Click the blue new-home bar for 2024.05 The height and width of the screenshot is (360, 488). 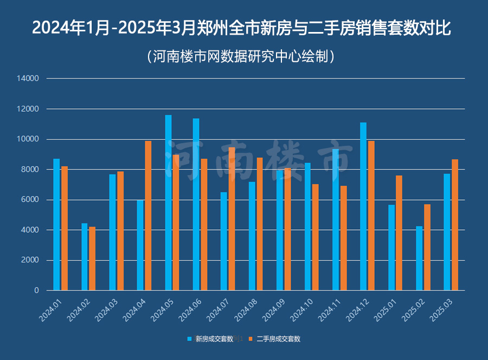tap(168, 203)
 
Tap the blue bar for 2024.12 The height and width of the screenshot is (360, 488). tap(363, 207)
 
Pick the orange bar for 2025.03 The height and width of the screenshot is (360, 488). tap(455, 225)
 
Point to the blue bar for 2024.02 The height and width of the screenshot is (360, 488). tap(85, 257)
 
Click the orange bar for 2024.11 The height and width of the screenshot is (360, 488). tap(343, 238)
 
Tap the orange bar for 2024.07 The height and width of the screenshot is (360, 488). tap(232, 219)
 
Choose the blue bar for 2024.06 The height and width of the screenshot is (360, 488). tap(196, 204)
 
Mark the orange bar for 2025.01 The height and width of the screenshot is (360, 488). tap(399, 233)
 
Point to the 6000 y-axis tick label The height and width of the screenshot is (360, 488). tap(30, 200)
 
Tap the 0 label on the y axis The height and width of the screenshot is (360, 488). tap(36, 291)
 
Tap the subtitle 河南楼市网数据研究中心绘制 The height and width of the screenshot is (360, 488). tap(243, 56)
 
